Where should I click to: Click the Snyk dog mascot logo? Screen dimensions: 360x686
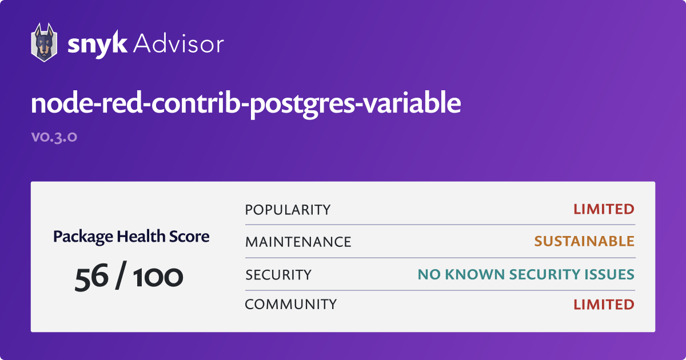coord(43,42)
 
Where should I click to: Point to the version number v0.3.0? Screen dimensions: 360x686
coord(54,138)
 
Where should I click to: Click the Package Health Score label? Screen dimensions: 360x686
coord(131,236)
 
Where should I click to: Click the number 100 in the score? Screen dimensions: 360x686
coord(158,277)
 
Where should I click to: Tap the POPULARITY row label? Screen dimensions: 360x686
coord(288,210)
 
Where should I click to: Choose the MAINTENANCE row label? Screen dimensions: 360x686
coord(298,242)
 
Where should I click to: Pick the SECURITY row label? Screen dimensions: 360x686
coord(278,275)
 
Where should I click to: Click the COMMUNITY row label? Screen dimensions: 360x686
coord(290,305)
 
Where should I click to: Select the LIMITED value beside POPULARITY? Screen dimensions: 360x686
coord(604,210)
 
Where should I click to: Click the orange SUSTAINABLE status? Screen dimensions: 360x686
coord(584,242)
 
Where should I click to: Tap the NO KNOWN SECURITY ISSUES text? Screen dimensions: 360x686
coord(526,275)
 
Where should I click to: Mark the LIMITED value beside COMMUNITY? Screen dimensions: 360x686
coord(604,305)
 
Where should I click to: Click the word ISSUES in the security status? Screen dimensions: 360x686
coord(611,275)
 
